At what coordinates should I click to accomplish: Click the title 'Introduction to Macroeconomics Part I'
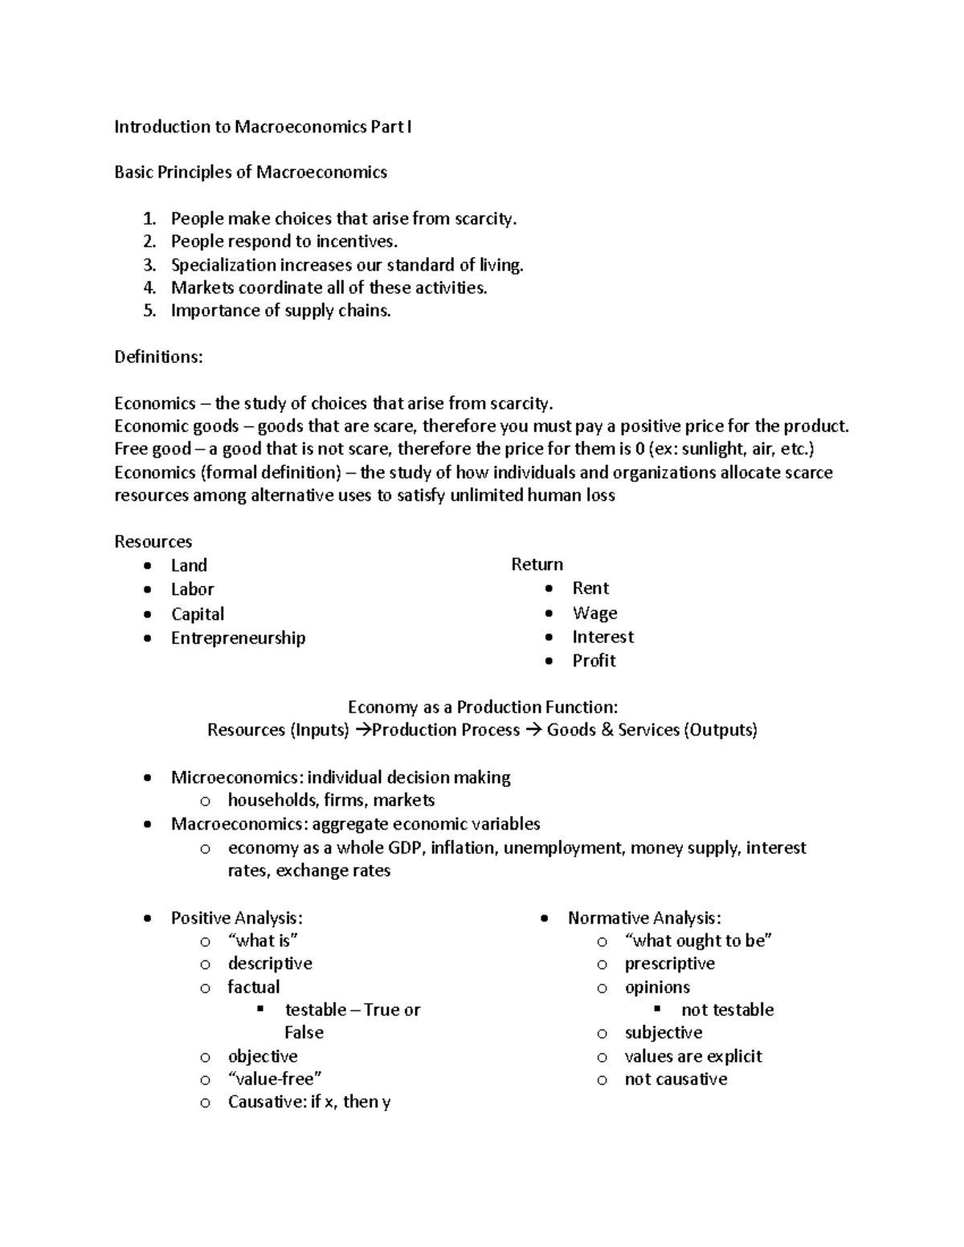coord(263,127)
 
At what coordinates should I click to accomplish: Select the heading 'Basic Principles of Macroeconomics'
coord(251,173)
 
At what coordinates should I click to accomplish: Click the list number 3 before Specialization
coord(149,265)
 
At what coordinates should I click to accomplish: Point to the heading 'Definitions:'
coord(158,357)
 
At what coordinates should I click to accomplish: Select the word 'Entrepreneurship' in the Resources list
coord(238,638)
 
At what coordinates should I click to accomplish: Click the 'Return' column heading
coord(537,564)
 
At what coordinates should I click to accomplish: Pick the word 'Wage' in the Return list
coord(594,613)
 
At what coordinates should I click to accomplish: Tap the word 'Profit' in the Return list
coord(594,661)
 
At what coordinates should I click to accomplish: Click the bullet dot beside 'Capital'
coord(147,614)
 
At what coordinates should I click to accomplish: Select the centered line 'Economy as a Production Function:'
coord(482,707)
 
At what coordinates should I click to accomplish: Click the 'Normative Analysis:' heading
coord(644,918)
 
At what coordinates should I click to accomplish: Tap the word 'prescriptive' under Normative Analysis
coord(669,964)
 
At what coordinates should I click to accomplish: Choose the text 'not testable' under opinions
coord(727,1010)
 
